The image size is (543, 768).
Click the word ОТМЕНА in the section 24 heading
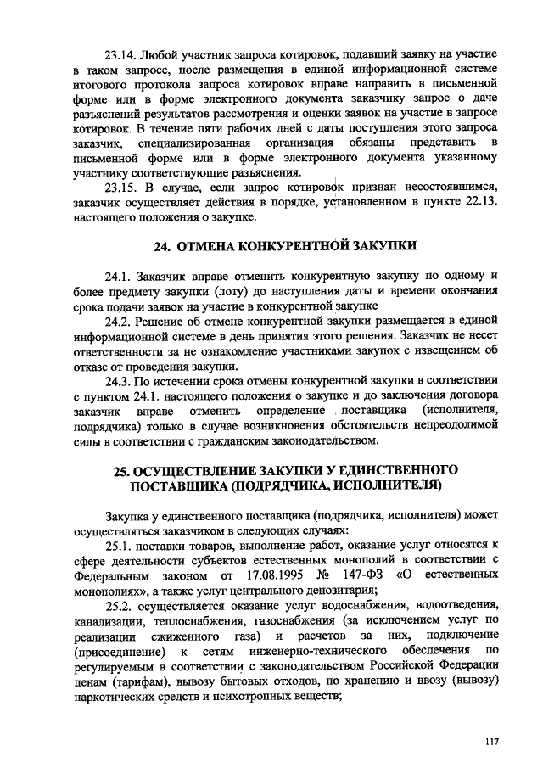point(206,247)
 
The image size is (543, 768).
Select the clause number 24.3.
point(122,381)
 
